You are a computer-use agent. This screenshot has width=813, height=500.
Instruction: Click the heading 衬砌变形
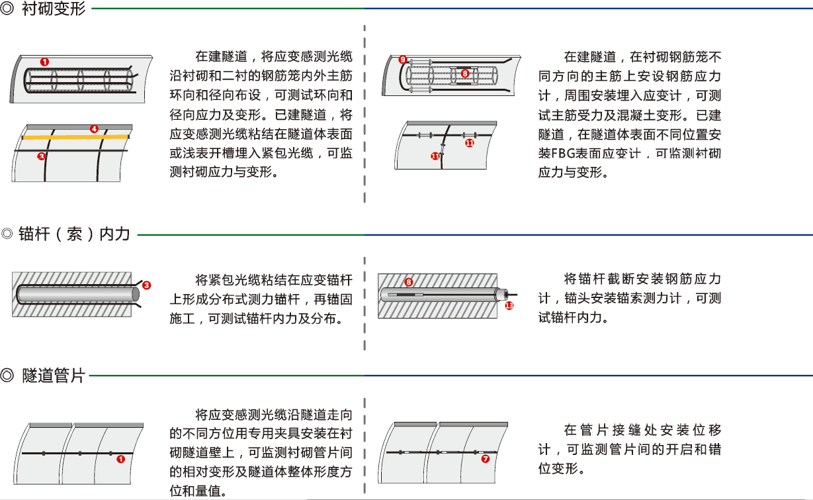pos(54,9)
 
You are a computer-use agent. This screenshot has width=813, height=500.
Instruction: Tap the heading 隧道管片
pos(54,376)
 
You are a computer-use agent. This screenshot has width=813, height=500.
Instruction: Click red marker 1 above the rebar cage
pos(44,62)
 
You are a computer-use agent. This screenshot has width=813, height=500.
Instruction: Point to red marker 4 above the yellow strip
pos(94,128)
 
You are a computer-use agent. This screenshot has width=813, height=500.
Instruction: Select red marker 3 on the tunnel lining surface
pos(41,157)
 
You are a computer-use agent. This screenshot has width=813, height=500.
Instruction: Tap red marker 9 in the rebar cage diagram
pos(402,60)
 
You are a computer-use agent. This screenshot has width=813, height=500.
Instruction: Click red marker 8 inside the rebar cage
pos(464,74)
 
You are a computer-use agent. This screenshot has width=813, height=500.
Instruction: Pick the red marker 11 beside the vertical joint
pos(435,156)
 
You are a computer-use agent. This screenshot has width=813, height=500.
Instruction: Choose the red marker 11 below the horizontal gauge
pos(470,142)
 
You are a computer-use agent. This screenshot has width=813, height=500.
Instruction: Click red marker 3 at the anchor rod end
pos(146,285)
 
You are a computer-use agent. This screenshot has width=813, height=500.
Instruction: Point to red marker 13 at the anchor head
pos(509,305)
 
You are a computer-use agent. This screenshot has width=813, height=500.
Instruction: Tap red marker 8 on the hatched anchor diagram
pos(408,282)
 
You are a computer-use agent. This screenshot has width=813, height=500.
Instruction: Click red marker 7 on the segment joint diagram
pos(485,458)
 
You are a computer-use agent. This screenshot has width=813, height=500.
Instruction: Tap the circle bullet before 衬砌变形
pos(8,10)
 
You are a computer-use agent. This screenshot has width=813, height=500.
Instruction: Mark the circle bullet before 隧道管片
pos(8,376)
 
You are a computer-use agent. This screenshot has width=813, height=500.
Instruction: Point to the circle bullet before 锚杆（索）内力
pos(8,234)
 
